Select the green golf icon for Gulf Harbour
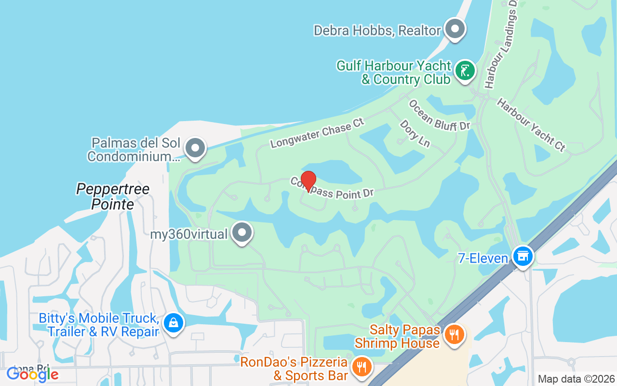click(x=465, y=71)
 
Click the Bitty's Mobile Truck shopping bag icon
click(x=173, y=322)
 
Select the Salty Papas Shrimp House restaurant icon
click(x=454, y=334)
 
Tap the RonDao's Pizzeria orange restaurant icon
click(x=361, y=367)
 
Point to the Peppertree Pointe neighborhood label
click(x=113, y=196)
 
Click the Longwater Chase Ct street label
click(x=317, y=132)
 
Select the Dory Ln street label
click(x=415, y=133)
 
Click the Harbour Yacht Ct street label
click(x=531, y=124)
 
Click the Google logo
click(x=32, y=373)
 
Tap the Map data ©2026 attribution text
click(x=576, y=379)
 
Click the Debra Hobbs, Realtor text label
click(x=377, y=31)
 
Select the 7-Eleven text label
click(x=483, y=259)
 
